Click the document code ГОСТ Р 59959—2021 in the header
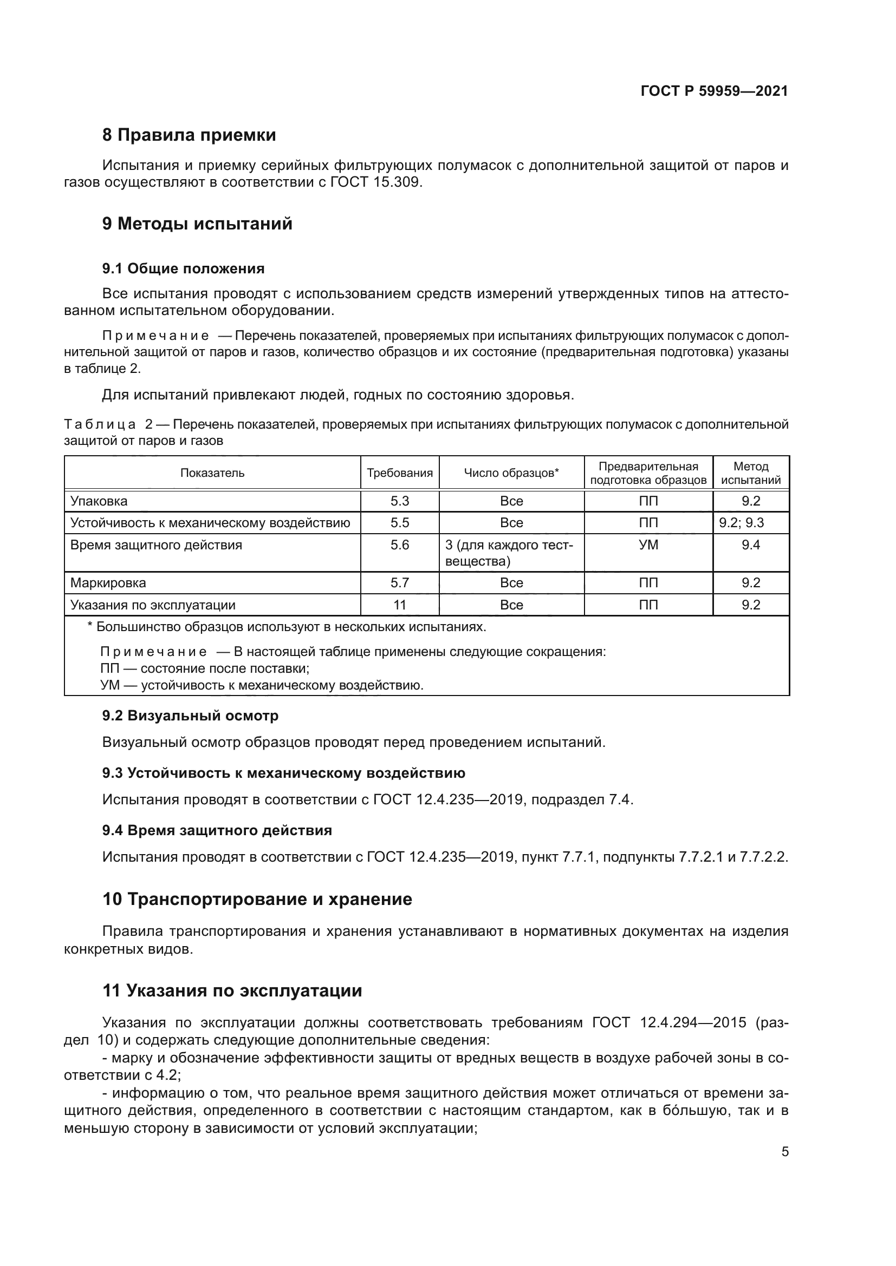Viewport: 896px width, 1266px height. click(x=714, y=91)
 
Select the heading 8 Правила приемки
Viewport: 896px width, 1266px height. click(x=189, y=135)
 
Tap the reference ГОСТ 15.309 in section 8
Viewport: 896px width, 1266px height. click(x=376, y=182)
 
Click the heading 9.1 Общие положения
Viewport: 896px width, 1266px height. click(x=183, y=268)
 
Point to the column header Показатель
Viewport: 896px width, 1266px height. click(x=212, y=473)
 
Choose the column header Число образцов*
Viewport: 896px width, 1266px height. click(x=511, y=473)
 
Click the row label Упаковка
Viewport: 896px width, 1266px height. click(x=99, y=501)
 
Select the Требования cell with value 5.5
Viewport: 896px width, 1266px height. click(x=399, y=523)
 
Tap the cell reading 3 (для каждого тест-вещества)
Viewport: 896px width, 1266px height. click(x=510, y=553)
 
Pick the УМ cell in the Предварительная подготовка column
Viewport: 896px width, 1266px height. click(x=648, y=546)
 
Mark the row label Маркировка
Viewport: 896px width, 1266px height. click(x=108, y=583)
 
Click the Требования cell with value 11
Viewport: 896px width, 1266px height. click(x=399, y=605)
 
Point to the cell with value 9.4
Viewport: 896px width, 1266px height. click(x=750, y=546)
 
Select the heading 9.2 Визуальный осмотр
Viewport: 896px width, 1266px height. click(x=190, y=716)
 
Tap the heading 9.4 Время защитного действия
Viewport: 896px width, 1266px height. click(x=217, y=830)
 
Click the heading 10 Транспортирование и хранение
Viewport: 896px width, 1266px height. click(x=257, y=900)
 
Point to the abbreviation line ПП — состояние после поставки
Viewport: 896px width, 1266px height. click(x=205, y=669)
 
